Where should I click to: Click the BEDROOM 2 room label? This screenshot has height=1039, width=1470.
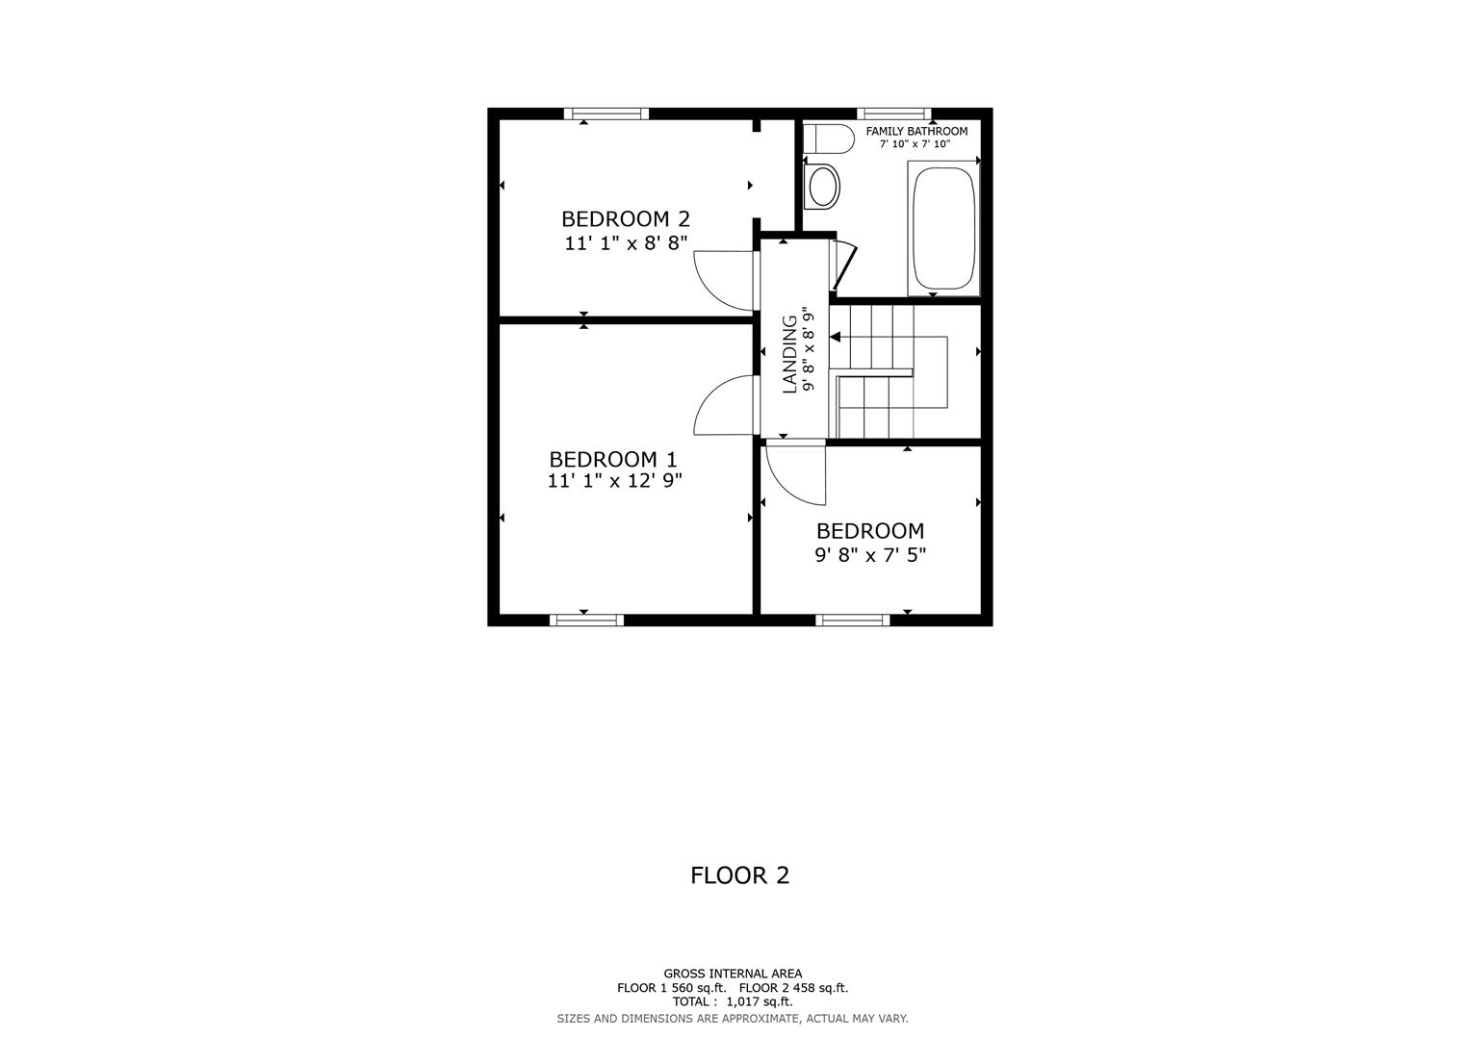point(625,219)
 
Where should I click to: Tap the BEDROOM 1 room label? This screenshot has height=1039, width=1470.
point(613,460)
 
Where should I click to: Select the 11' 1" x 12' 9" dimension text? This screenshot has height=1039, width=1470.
point(614,481)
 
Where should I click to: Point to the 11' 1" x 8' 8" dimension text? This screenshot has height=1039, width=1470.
point(626,243)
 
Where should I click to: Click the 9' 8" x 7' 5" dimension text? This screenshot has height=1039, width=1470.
point(870,555)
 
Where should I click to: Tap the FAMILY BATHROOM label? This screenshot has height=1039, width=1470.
point(916,131)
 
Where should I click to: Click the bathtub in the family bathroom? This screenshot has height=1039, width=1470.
point(942,229)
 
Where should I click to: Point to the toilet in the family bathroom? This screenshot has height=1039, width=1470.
point(827,139)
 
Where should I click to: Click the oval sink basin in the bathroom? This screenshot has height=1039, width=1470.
point(823,187)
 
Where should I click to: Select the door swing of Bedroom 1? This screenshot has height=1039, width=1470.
point(724,406)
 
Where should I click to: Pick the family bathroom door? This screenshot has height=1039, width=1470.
point(843,266)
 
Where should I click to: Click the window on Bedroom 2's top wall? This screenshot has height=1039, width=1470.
point(606,114)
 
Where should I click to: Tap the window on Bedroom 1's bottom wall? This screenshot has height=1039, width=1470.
point(586,621)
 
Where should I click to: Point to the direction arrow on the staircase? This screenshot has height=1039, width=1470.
point(836,337)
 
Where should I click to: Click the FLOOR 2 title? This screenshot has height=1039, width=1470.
point(739,875)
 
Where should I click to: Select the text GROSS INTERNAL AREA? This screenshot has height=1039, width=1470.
point(732,974)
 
